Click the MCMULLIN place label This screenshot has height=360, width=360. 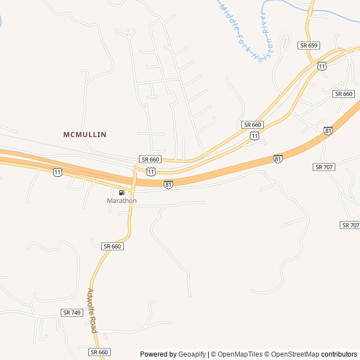tap(85, 134)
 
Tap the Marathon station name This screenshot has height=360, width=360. tap(121, 201)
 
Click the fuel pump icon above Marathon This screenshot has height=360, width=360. tap(121, 193)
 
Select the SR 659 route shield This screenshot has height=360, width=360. tap(309, 46)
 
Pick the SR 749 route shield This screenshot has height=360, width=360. tap(72, 312)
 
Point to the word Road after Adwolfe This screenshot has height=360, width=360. tap(94, 326)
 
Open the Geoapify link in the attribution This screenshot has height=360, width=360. tap(192, 354)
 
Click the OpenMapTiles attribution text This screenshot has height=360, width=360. tap(240, 354)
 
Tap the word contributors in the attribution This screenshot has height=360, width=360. tap(339, 354)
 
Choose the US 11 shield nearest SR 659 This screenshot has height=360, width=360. tap(322, 66)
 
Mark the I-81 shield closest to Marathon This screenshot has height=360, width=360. tap(168, 184)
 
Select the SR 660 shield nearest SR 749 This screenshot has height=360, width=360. tap(112, 246)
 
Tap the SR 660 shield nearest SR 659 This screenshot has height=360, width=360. tap(343, 94)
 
